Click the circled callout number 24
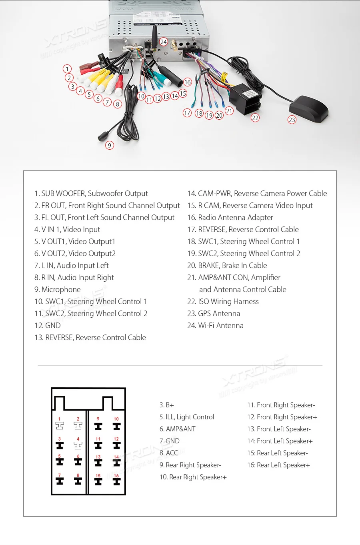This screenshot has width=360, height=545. pyautogui.click(x=163, y=42)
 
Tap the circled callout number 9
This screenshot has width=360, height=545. pyautogui.click(x=110, y=145)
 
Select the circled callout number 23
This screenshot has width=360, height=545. pyautogui.click(x=292, y=120)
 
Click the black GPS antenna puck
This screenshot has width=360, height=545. pyautogui.click(x=308, y=108)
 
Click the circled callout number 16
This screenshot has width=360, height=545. pyautogui.click(x=188, y=82)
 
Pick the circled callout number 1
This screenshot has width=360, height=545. pyautogui.click(x=67, y=69)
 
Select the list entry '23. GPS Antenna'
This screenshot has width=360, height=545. pyautogui.click(x=214, y=313)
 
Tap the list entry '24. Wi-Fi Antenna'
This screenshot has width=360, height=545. pyautogui.click(x=215, y=325)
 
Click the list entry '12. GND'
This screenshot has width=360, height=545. pyautogui.click(x=48, y=325)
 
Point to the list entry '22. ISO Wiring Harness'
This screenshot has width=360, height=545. pyautogui.click(x=223, y=301)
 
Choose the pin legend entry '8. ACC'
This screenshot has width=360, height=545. pyautogui.click(x=169, y=453)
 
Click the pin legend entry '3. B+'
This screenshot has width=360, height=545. pyautogui.click(x=167, y=405)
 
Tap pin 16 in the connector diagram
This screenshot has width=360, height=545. pyautogui.click(x=116, y=481)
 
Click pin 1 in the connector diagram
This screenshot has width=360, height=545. pyautogui.click(x=60, y=425)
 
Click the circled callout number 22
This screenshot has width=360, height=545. pyautogui.click(x=255, y=118)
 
